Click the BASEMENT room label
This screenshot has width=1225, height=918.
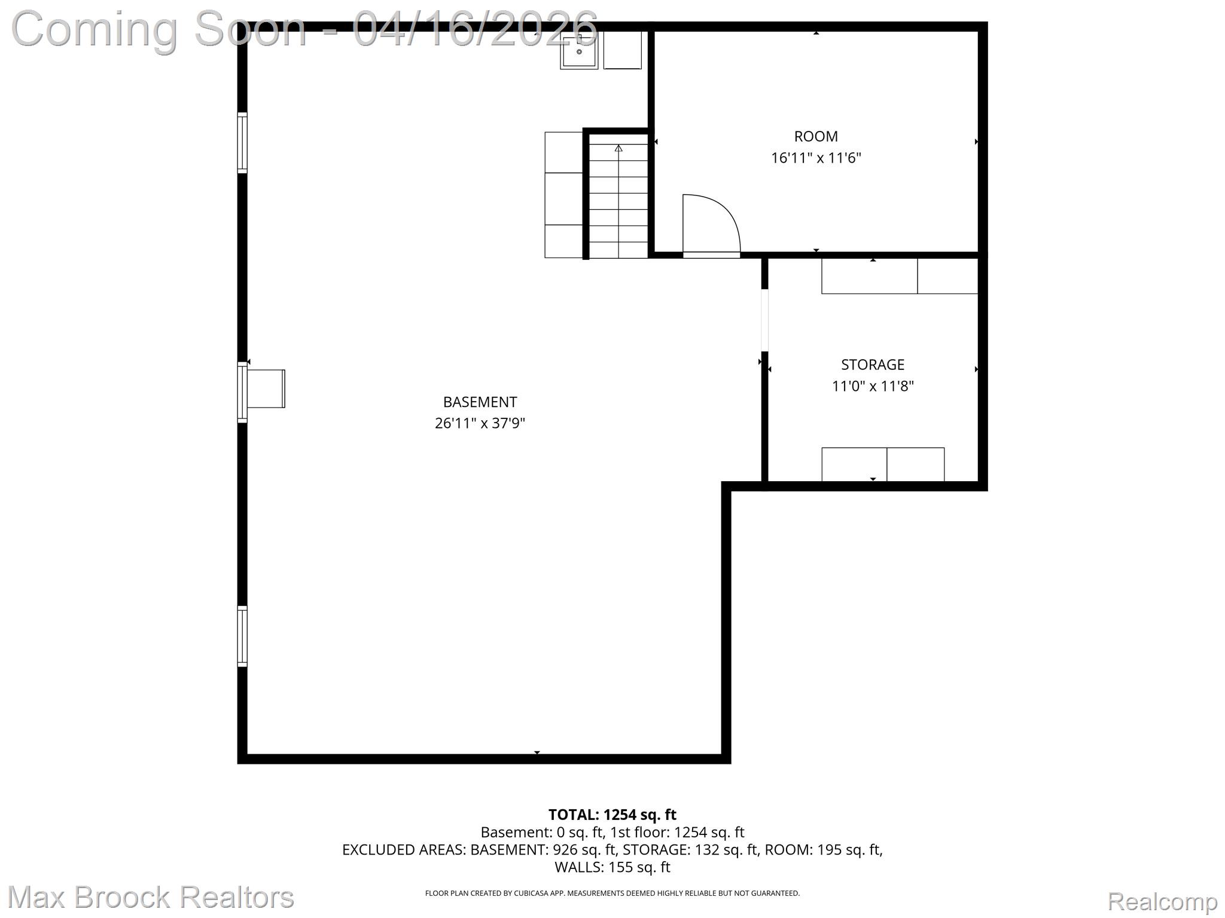480,402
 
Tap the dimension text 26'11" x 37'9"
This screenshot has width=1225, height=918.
480,423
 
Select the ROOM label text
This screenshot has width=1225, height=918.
816,136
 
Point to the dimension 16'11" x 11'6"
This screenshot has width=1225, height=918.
816,158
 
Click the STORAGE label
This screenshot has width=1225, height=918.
873,365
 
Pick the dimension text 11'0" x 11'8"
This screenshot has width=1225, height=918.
873,386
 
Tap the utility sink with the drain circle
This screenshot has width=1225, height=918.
579,51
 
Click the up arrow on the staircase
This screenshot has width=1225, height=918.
618,148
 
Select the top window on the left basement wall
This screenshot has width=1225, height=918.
242,143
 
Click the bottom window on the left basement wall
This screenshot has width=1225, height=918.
242,637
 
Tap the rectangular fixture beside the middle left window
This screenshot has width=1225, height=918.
266,388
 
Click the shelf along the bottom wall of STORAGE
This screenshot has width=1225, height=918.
883,464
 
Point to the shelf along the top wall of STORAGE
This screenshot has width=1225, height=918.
899,276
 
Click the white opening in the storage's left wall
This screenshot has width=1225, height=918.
764,320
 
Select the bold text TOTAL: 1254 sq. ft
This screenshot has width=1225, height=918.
612,815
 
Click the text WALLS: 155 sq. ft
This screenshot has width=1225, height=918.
612,867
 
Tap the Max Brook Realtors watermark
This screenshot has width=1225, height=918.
151,897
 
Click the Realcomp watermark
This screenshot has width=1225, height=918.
1162,901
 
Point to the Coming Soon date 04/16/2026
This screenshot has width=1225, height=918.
476,29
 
